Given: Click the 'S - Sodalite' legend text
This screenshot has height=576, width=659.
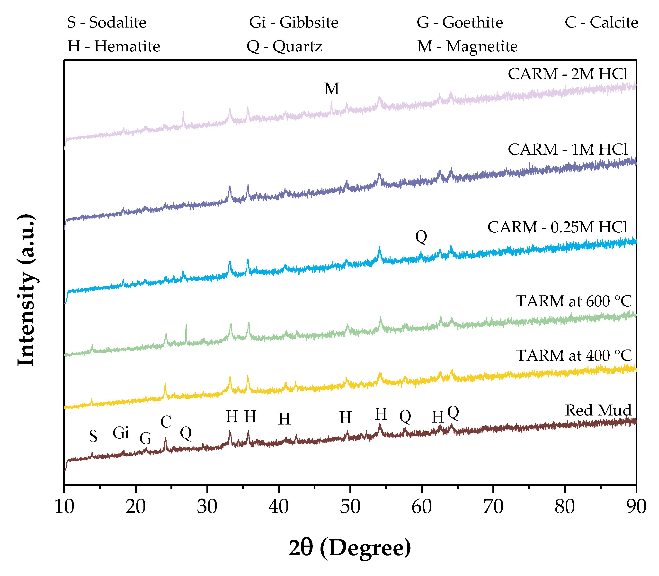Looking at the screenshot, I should [107, 22].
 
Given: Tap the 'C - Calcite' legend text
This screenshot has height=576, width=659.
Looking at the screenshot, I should [601, 22].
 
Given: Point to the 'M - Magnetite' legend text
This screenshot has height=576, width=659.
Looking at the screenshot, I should [467, 46].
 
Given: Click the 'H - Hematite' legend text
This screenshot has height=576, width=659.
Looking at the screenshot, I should [114, 46].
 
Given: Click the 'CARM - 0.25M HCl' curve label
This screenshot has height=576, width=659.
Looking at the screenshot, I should [557, 227].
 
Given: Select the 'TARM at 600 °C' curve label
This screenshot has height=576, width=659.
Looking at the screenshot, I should [574, 301].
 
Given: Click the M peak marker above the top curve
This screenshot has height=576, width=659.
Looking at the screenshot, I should [332, 89].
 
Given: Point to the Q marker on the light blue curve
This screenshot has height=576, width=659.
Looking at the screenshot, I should [421, 237].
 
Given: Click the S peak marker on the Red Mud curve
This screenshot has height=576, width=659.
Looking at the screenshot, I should [93, 436].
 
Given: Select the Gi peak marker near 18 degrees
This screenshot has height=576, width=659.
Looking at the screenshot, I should [121, 433].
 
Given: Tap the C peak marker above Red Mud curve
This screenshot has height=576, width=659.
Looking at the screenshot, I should [166, 422].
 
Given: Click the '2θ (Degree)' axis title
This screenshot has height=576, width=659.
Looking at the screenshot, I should [350, 548].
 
